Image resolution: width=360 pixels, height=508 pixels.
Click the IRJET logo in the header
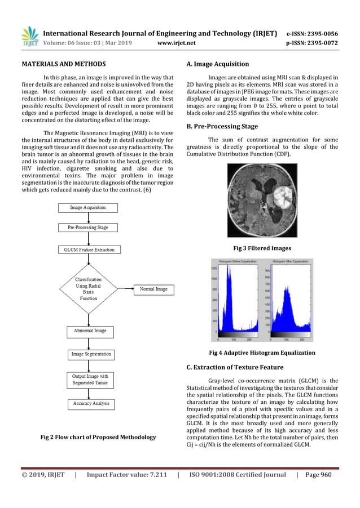click(30, 35)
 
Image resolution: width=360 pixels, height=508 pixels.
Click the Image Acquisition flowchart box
click(87, 207)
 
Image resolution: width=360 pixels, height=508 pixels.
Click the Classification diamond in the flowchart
click(88, 289)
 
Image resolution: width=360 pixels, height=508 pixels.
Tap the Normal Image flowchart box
click(154, 289)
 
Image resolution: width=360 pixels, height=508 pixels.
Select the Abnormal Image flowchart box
click(88, 331)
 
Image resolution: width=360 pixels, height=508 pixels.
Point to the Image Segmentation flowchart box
click(91, 354)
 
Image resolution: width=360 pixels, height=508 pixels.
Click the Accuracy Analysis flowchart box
click(91, 404)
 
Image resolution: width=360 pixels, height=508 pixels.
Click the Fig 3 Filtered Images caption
click(262, 247)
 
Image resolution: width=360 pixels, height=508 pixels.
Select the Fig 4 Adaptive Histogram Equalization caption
click(262, 353)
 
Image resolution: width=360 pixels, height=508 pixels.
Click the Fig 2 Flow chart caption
click(99, 436)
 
